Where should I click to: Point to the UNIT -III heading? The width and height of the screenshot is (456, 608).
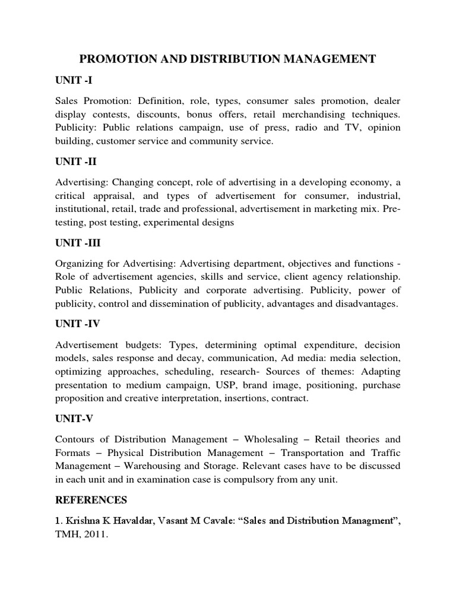point(76,243)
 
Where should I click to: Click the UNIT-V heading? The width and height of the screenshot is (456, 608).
point(74,419)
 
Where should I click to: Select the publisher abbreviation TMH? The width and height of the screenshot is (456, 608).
point(66,534)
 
